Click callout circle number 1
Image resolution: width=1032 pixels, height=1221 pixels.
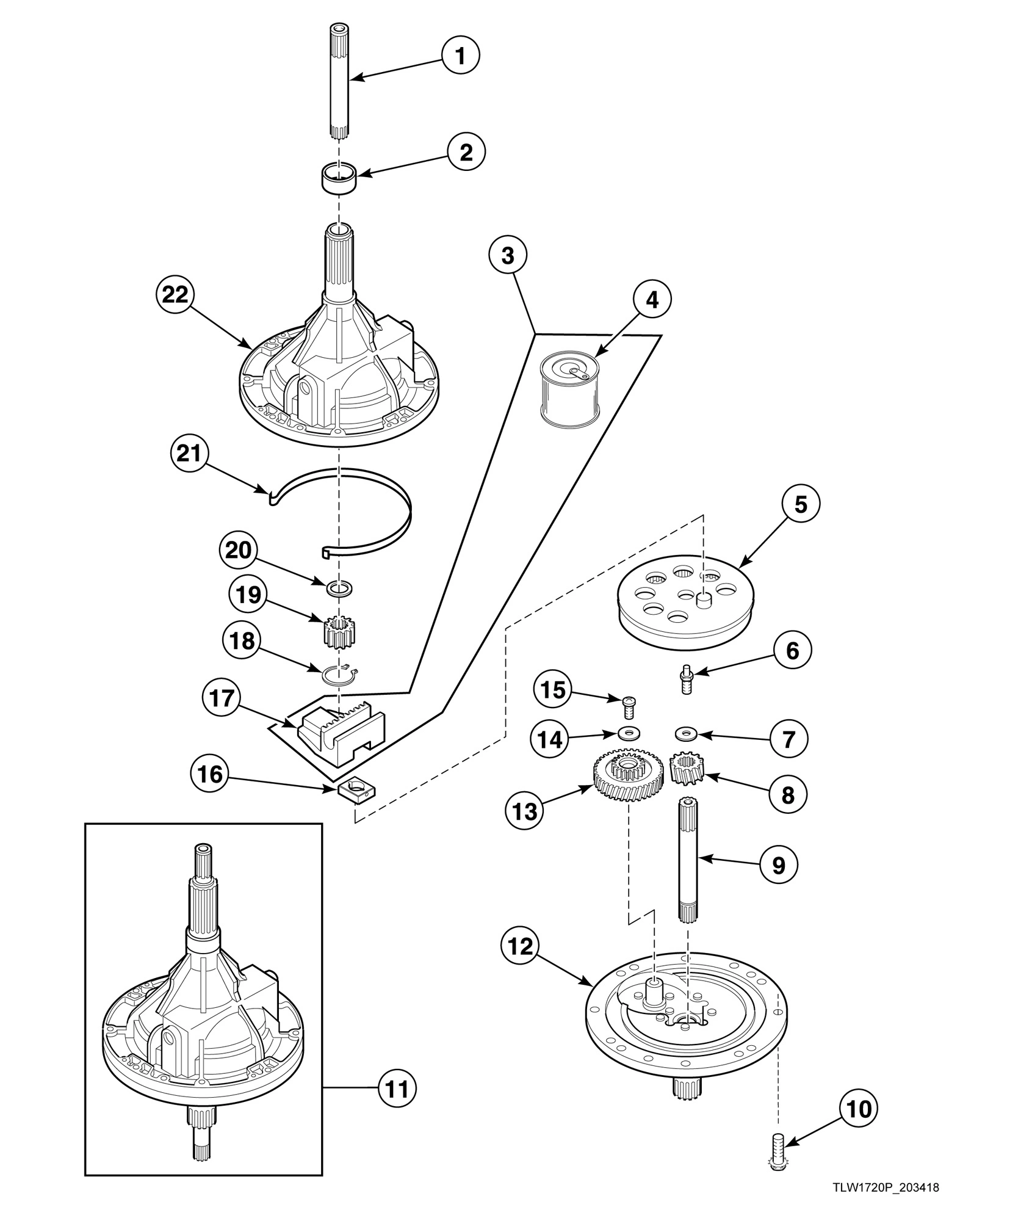tap(461, 56)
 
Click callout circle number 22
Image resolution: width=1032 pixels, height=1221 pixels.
tap(175, 295)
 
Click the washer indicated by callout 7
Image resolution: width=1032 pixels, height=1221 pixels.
tap(687, 731)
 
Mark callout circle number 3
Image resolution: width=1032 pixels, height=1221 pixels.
tap(508, 256)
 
